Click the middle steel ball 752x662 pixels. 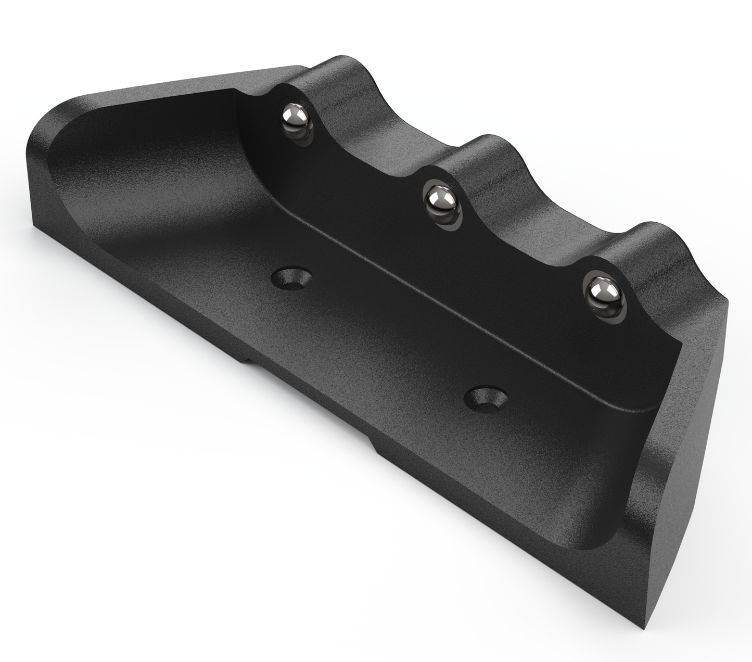(441, 198)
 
